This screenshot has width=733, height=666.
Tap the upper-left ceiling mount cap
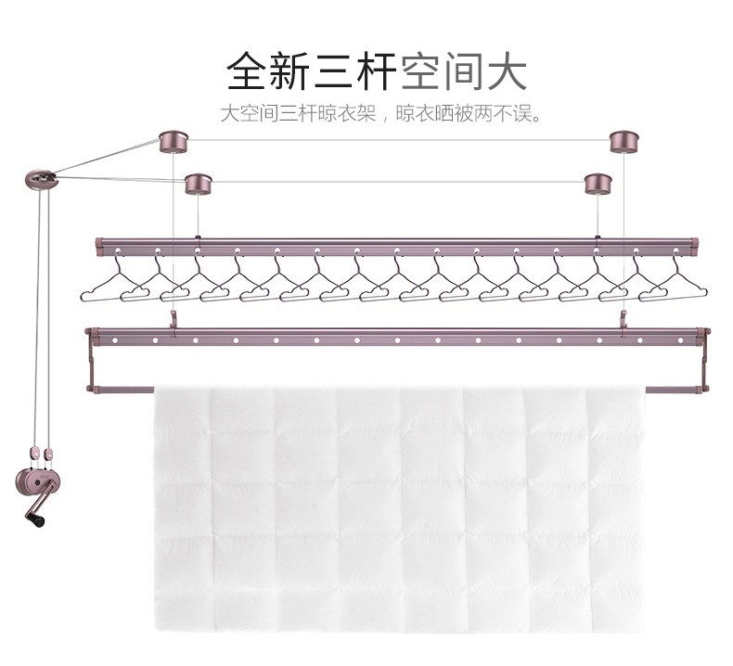click(x=174, y=142)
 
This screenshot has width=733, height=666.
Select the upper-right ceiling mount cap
click(x=624, y=141)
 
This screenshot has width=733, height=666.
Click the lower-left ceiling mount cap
click(x=198, y=183)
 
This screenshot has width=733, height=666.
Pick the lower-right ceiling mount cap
click(x=598, y=183)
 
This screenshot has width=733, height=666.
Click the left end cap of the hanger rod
click(x=99, y=245)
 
